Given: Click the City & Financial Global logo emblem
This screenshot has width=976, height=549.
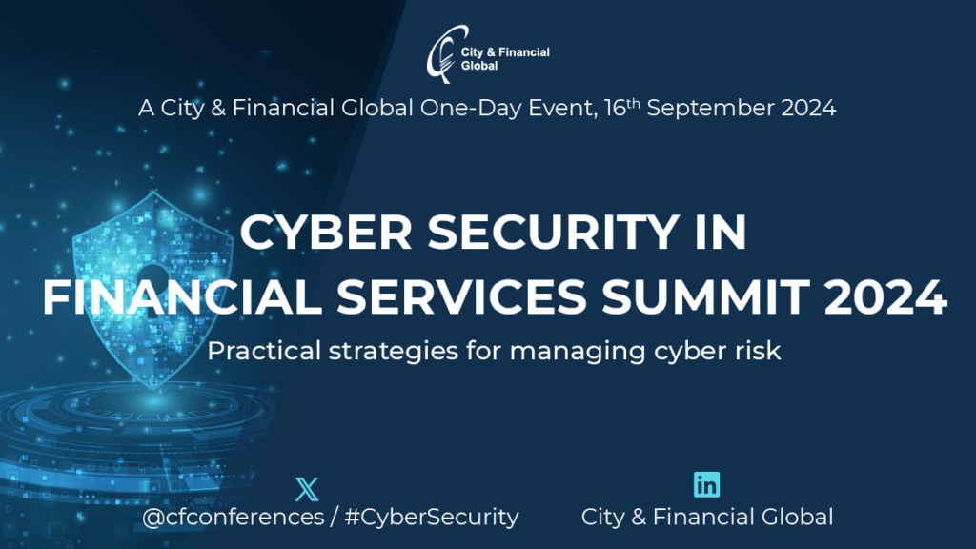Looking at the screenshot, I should pos(442,58).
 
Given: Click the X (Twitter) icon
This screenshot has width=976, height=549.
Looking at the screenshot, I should pos(306,490).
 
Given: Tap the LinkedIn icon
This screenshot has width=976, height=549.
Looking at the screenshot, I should pos(707,484).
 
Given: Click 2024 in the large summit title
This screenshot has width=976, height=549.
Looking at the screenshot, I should pos(887,298).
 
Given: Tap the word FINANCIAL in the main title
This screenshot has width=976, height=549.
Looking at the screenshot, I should pos(179,298).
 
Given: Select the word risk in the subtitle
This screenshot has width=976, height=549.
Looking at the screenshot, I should pos(759,351).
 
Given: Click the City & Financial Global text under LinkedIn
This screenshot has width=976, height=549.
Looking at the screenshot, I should pos(707,518).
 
